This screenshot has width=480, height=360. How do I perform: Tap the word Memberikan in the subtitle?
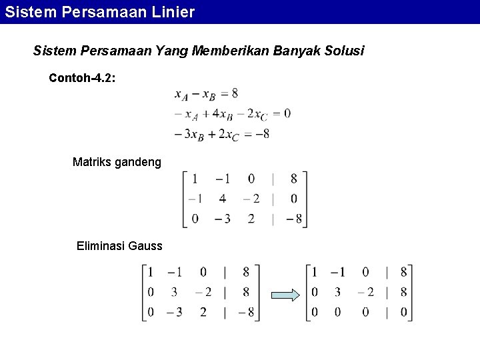click(230, 51)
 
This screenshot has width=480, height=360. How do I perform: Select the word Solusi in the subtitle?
click(342, 51)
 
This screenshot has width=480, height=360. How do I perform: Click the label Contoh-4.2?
click(82, 78)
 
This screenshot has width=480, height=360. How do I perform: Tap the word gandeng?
click(139, 162)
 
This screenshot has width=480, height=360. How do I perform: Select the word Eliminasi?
click(104, 247)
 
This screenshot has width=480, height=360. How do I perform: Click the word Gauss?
click(147, 247)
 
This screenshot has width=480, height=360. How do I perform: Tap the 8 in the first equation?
click(235, 93)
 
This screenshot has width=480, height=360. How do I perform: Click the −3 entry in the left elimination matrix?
click(175, 311)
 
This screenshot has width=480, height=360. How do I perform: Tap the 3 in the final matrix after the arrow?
click(338, 291)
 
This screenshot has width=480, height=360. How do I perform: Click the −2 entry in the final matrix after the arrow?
click(366, 291)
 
